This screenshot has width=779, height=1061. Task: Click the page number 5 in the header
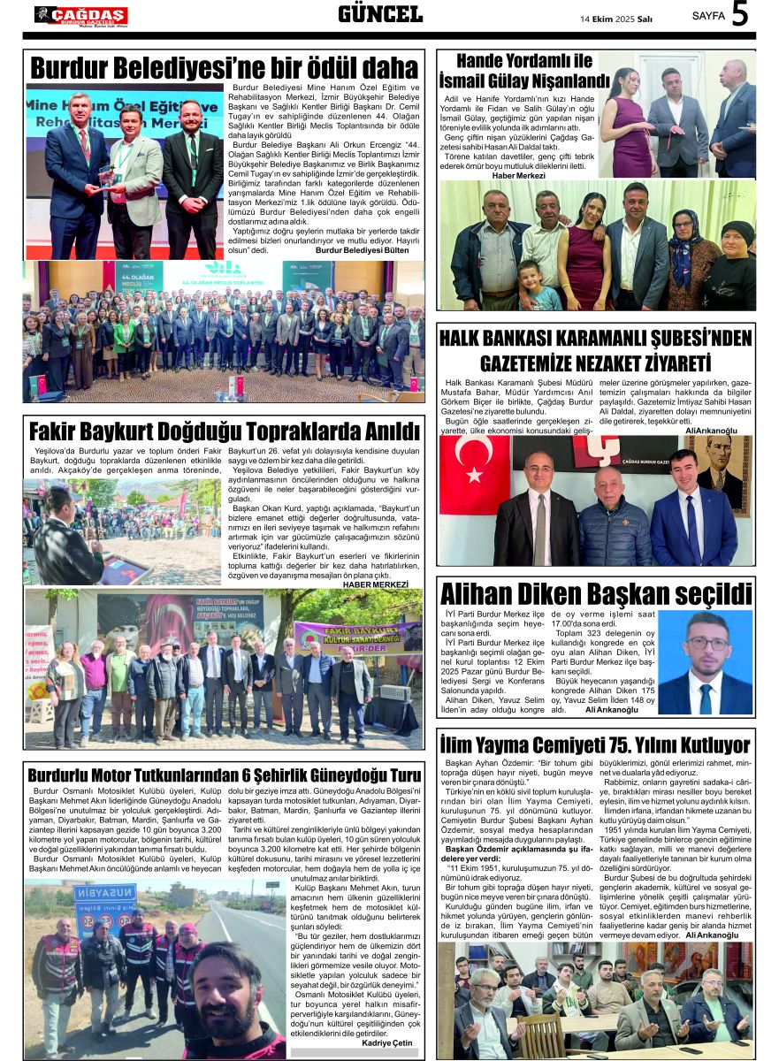point(740,15)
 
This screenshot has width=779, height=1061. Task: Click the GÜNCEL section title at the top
point(380,14)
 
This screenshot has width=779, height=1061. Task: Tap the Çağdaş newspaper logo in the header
point(80,15)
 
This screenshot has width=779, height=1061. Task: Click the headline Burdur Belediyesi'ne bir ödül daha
point(224,68)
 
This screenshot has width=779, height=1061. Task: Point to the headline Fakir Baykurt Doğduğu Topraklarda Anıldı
point(224,432)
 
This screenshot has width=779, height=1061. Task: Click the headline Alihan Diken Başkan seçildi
point(595,593)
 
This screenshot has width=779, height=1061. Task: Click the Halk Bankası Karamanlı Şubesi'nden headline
point(595,349)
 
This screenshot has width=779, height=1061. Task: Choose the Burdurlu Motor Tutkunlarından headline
point(224,775)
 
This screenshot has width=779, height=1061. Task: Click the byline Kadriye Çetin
point(387,1043)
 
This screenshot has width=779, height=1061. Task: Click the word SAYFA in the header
point(708,17)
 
